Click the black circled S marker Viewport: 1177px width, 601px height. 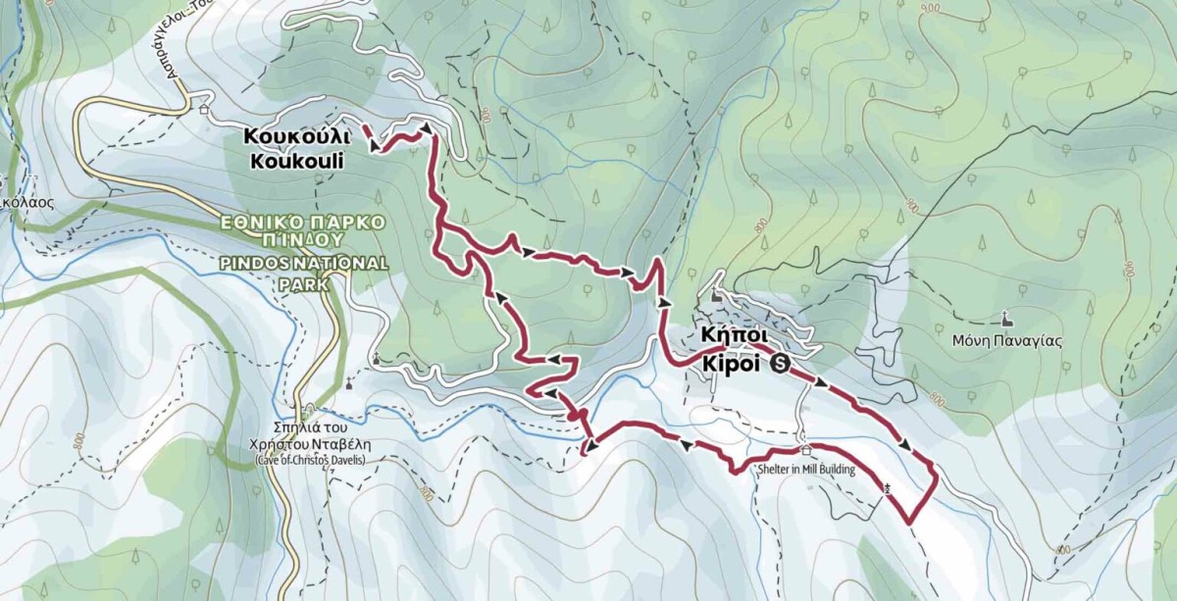coord(781,365)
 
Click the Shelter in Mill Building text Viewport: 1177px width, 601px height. coord(805,470)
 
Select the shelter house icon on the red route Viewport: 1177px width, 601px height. coord(806,451)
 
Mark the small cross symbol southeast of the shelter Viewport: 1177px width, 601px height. coord(887,487)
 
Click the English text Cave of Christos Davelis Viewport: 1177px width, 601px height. coord(309,460)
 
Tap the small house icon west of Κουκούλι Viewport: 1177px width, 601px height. coord(204,110)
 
